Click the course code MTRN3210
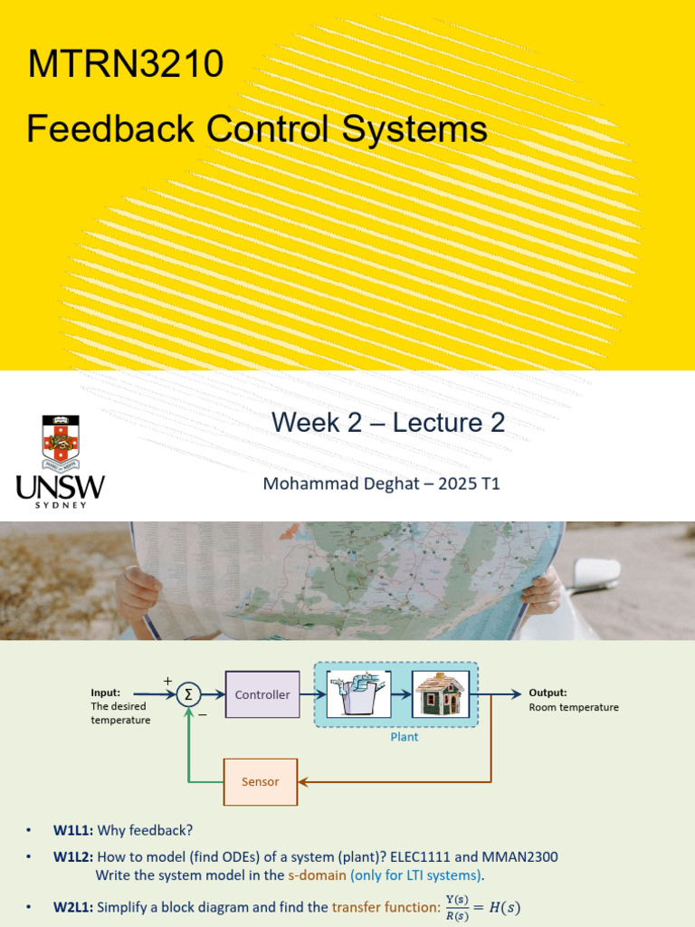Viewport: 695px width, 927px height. click(x=125, y=65)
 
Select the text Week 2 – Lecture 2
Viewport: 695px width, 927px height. click(x=388, y=422)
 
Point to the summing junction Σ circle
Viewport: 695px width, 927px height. click(x=188, y=694)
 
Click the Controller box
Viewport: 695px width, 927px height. click(x=262, y=694)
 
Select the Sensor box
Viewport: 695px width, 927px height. click(x=260, y=781)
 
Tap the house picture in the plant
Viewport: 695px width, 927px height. click(x=440, y=694)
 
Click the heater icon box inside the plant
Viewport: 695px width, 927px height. click(x=358, y=694)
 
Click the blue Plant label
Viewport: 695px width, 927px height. click(x=405, y=737)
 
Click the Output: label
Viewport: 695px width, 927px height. click(x=548, y=693)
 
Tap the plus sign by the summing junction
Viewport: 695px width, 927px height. click(x=167, y=681)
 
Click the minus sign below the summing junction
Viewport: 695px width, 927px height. click(x=203, y=714)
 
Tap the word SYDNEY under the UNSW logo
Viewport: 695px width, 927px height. click(x=61, y=504)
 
